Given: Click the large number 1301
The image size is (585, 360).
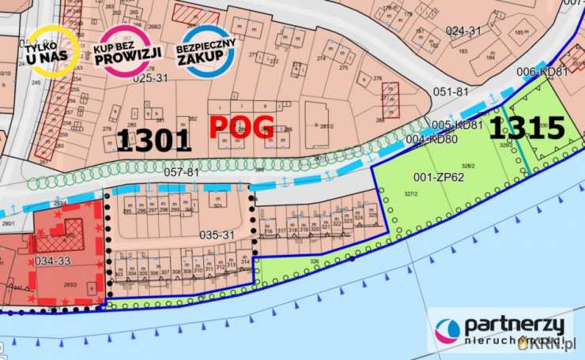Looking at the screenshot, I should tap(154, 141).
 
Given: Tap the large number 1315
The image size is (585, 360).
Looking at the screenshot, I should tap(526, 128).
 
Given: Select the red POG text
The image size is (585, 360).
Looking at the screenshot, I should tap(241, 126).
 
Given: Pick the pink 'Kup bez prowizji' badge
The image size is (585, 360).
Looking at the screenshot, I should tap(128, 51).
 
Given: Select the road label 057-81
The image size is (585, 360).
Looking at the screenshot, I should tap(180, 171).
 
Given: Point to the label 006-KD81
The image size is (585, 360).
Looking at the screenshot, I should tap(542, 72).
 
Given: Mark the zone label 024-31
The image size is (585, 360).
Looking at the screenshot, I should tap(463, 31).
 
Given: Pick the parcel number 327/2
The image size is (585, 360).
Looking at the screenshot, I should tap(409, 193).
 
